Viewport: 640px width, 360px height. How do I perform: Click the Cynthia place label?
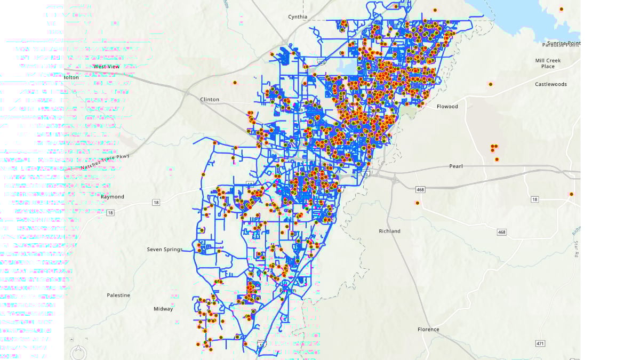(x=298, y=17)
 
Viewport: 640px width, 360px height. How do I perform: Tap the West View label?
(x=107, y=67)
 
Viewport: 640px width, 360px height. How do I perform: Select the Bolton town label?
(x=71, y=77)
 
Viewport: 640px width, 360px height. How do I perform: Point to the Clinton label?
(x=210, y=100)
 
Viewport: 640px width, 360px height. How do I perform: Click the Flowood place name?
(x=447, y=107)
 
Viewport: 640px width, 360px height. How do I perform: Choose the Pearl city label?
(x=456, y=166)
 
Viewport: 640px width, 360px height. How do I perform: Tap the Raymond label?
(x=113, y=197)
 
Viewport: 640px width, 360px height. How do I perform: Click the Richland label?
(x=389, y=231)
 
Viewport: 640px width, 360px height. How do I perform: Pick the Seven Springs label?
(x=165, y=250)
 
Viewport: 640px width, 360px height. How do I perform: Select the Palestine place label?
(x=118, y=295)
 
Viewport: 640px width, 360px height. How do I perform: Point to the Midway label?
(x=163, y=309)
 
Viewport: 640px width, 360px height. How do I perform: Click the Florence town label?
(x=428, y=330)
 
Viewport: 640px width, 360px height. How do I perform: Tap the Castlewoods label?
(x=551, y=84)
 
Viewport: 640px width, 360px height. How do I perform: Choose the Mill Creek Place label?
(x=548, y=63)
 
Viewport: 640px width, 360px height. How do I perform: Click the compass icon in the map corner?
(x=78, y=352)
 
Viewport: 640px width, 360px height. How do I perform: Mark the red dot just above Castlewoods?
(x=491, y=84)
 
